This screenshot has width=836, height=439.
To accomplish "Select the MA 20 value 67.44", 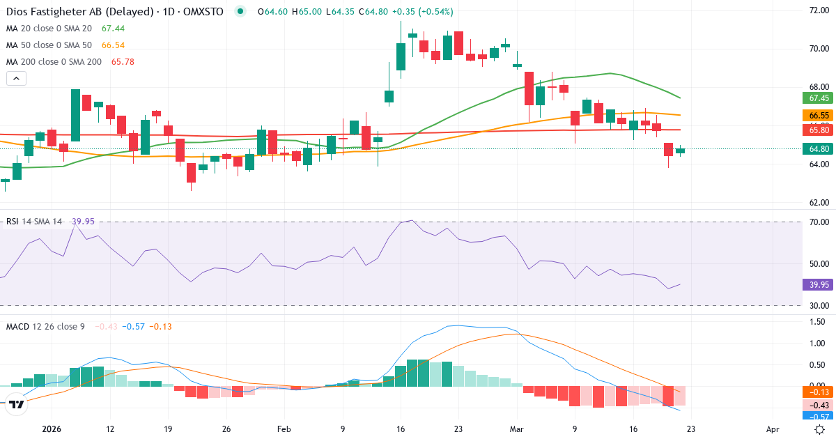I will (113, 28).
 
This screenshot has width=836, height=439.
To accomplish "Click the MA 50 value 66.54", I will (113, 45).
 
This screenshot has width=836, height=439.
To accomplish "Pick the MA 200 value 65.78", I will (123, 61).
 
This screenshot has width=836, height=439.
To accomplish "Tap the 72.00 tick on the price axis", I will (818, 10).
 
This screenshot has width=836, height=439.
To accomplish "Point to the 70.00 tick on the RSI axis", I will (818, 222).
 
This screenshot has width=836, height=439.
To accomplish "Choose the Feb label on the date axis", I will (284, 429).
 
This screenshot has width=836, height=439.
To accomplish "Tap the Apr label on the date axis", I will (772, 429).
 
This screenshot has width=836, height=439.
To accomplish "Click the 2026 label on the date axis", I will (52, 429).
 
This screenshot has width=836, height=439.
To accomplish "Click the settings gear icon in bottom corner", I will (821, 429).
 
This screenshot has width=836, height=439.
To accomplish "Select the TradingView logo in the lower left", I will (17, 403).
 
